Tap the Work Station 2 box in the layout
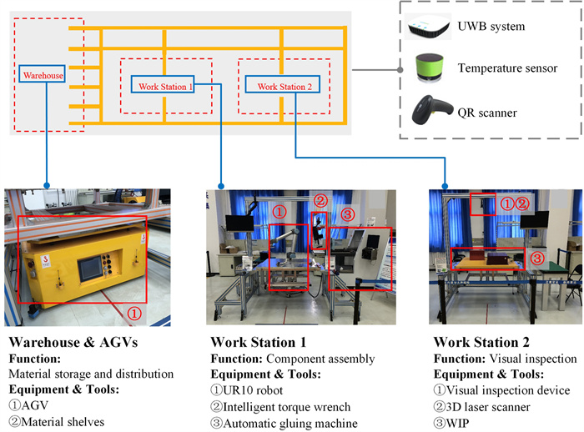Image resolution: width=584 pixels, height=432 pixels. pos(284,86)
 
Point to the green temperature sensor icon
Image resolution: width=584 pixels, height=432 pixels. pos(431,67)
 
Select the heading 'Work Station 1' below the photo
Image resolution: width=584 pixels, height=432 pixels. pos(259,344)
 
